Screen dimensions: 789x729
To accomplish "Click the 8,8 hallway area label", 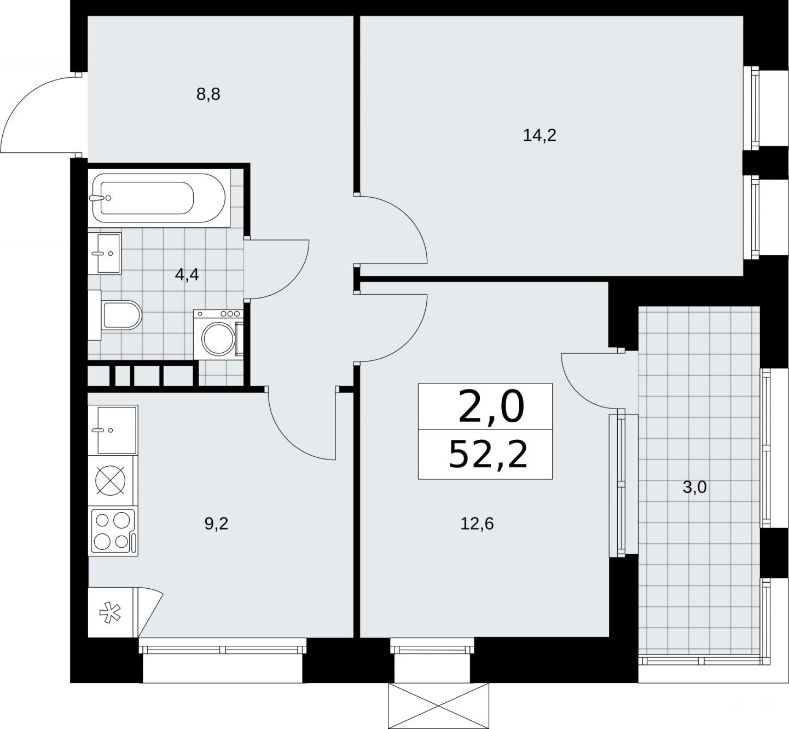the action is (x=208, y=95).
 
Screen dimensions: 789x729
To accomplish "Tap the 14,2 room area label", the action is (x=539, y=136).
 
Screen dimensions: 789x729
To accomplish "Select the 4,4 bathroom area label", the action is (x=187, y=274).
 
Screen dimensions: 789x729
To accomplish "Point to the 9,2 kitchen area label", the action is (x=216, y=524).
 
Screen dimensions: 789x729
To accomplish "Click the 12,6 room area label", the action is (x=477, y=524).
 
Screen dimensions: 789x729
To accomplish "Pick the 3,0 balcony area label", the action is (x=695, y=487).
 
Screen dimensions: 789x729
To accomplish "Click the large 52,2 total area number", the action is (x=488, y=455).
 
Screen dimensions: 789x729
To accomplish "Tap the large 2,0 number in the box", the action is (x=491, y=407).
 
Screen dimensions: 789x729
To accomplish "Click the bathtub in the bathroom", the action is (x=159, y=198).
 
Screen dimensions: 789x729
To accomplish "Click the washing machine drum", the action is (x=218, y=339).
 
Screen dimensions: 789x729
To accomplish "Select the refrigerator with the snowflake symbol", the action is (x=113, y=612).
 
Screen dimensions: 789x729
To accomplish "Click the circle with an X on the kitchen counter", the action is (x=111, y=480).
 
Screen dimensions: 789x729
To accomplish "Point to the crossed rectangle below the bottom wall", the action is (x=439, y=706).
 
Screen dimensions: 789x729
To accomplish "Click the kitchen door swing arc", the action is (x=288, y=441).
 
